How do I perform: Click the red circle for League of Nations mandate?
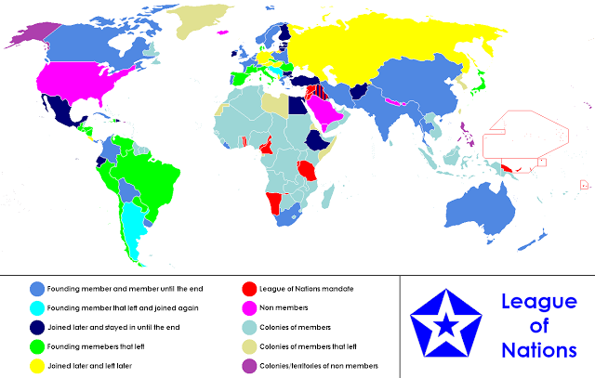tap(249, 287)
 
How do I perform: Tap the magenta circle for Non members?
tap(249, 306)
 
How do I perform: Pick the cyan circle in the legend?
tap(37, 306)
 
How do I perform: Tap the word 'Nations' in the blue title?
tap(538, 350)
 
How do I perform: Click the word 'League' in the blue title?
tap(538, 302)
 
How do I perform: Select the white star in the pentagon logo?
tap(448, 323)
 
